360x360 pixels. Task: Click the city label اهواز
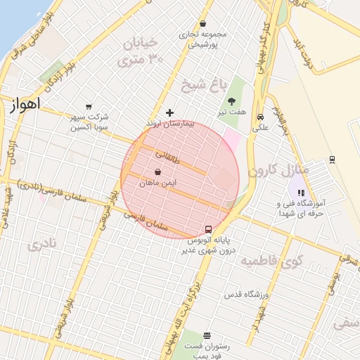click(x=25, y=104)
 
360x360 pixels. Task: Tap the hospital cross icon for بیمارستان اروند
click(x=169, y=112)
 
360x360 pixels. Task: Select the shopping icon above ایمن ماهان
click(x=157, y=172)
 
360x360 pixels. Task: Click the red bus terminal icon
click(x=208, y=229)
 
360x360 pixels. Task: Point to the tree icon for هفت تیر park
click(x=231, y=101)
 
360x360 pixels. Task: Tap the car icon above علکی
click(x=261, y=117)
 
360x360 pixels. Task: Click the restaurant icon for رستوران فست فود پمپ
click(x=207, y=335)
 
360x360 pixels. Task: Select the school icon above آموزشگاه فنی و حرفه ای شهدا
click(x=300, y=193)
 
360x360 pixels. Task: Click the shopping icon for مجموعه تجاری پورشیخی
click(x=203, y=23)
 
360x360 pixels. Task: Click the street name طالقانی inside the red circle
click(x=167, y=160)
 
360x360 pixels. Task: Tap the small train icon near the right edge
click(x=332, y=160)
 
